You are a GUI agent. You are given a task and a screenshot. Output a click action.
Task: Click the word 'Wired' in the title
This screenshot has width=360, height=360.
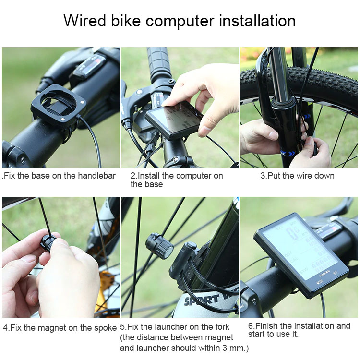84,21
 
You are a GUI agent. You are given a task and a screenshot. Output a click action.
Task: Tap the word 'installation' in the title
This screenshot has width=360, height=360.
257,21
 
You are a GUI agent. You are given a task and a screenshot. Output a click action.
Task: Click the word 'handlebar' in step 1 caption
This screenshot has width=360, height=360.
96,176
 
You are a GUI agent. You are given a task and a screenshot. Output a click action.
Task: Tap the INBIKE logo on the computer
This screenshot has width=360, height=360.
324,273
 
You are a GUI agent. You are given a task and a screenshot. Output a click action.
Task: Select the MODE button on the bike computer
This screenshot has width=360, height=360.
320,281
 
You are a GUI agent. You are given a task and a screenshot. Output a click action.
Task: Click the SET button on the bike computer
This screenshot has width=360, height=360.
335,273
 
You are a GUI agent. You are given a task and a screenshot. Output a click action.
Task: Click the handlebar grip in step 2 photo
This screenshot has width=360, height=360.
158,62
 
